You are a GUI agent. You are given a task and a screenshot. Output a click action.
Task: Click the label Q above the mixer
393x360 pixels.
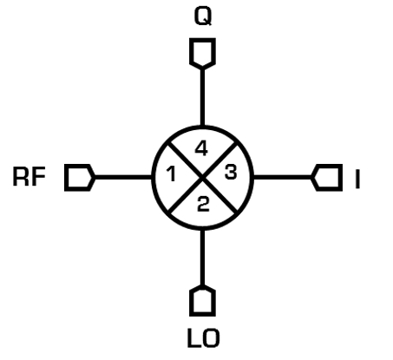tap(203, 16)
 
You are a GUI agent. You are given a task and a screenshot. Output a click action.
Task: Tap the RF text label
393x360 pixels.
tap(29, 177)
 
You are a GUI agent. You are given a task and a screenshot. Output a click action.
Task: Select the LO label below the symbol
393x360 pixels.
tap(204, 337)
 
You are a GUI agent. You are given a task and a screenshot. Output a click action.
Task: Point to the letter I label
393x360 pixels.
tap(357, 180)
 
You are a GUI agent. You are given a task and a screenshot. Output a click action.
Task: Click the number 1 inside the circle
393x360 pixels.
tap(172, 174)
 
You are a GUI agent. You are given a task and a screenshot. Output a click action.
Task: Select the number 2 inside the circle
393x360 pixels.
tap(203, 204)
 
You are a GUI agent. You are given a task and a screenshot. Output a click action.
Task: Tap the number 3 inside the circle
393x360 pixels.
tap(231, 172)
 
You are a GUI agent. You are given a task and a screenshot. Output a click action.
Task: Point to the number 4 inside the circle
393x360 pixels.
tap(201, 148)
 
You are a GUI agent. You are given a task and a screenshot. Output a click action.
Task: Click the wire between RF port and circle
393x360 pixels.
tap(123, 177)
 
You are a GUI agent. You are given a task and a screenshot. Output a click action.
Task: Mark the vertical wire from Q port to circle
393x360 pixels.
tap(202, 97)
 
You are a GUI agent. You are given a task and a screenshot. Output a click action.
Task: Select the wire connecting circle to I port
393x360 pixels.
tap(283, 177)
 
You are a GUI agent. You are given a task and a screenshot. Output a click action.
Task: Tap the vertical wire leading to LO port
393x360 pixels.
tap(202, 258)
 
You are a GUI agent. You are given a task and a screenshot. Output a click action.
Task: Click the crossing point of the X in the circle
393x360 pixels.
tap(203, 178)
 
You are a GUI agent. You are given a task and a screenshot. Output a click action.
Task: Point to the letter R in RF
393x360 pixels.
tap(21, 177)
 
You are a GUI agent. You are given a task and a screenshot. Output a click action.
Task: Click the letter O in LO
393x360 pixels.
tap(211, 337)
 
